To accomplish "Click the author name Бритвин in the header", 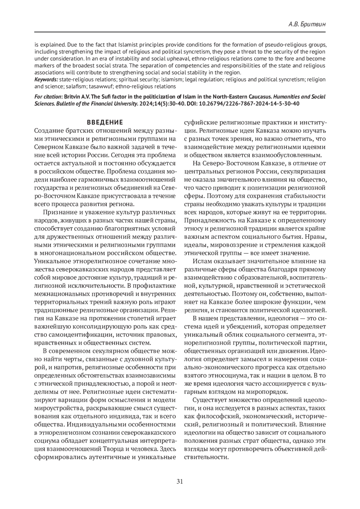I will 314,24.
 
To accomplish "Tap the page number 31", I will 180,481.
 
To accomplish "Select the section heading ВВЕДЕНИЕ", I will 105,122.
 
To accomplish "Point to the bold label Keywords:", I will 46,80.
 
